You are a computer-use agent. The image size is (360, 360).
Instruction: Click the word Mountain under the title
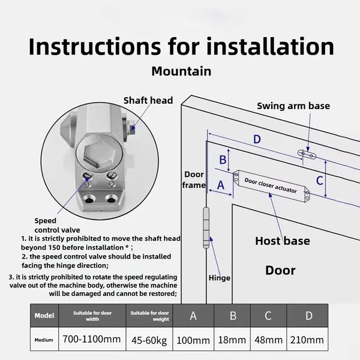tap(181, 71)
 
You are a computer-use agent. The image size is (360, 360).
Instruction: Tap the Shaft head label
tap(148, 100)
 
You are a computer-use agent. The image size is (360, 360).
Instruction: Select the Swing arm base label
tap(293, 106)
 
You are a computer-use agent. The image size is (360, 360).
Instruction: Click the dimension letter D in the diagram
tap(256, 140)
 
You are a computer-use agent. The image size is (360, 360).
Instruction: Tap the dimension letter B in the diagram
tap(223, 160)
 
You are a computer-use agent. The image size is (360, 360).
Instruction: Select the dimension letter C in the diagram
tap(320, 179)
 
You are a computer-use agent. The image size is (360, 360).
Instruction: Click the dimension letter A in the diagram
tap(220, 185)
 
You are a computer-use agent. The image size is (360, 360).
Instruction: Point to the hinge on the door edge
tap(208, 228)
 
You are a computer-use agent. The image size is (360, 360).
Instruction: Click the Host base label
tap(282, 241)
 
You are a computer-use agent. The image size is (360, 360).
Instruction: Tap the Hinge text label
tap(219, 278)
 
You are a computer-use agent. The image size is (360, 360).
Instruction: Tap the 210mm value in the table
tap(307, 340)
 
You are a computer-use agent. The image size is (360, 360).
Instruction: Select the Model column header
tap(44, 314)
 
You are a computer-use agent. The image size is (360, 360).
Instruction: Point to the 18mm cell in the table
tap(231, 340)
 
